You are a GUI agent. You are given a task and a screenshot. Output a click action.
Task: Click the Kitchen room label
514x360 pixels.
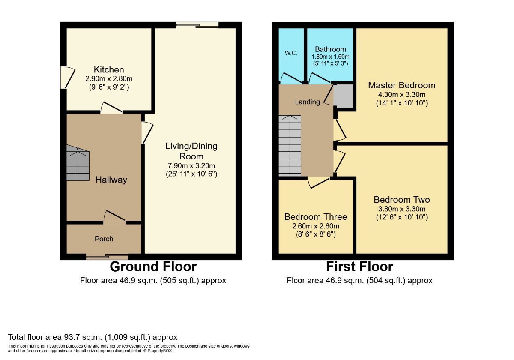109,69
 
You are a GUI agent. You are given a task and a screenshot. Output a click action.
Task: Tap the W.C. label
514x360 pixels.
291,53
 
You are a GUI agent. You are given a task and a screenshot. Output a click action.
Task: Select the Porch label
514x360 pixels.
104,239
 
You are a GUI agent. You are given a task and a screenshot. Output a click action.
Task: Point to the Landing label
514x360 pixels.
307,102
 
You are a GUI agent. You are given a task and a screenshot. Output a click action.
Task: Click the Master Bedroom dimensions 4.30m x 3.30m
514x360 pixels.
402,94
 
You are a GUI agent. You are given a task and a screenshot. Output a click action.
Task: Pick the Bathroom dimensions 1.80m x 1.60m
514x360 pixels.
330,57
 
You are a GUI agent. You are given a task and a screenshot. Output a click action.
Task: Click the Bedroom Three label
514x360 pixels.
316,217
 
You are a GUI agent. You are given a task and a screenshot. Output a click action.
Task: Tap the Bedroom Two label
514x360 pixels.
402,200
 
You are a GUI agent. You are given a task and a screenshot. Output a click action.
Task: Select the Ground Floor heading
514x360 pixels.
153,267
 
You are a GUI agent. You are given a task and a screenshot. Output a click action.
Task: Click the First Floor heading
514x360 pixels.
359,267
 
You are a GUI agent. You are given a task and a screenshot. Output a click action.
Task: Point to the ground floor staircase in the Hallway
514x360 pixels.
78,163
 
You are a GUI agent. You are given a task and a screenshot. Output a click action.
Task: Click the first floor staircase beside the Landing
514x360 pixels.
290,146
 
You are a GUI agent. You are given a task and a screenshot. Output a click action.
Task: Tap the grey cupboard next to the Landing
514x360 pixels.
343,96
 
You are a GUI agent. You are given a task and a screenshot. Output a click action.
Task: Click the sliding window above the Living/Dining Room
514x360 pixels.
197,25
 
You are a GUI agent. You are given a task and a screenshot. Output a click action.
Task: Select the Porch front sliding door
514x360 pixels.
107,257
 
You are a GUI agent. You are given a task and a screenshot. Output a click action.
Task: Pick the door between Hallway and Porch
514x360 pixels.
114,217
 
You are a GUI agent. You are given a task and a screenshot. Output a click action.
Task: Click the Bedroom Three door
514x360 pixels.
319,183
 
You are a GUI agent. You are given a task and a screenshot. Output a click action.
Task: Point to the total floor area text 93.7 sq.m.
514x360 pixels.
93,337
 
